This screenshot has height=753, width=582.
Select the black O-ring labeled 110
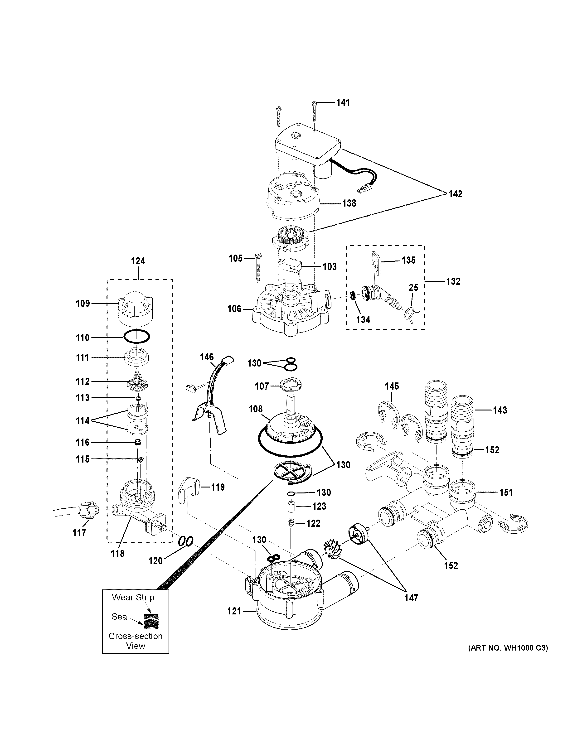click(137, 337)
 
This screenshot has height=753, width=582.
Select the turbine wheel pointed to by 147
click(332, 550)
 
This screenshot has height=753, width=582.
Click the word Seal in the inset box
click(120, 617)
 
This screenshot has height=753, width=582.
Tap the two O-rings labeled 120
click(185, 541)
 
